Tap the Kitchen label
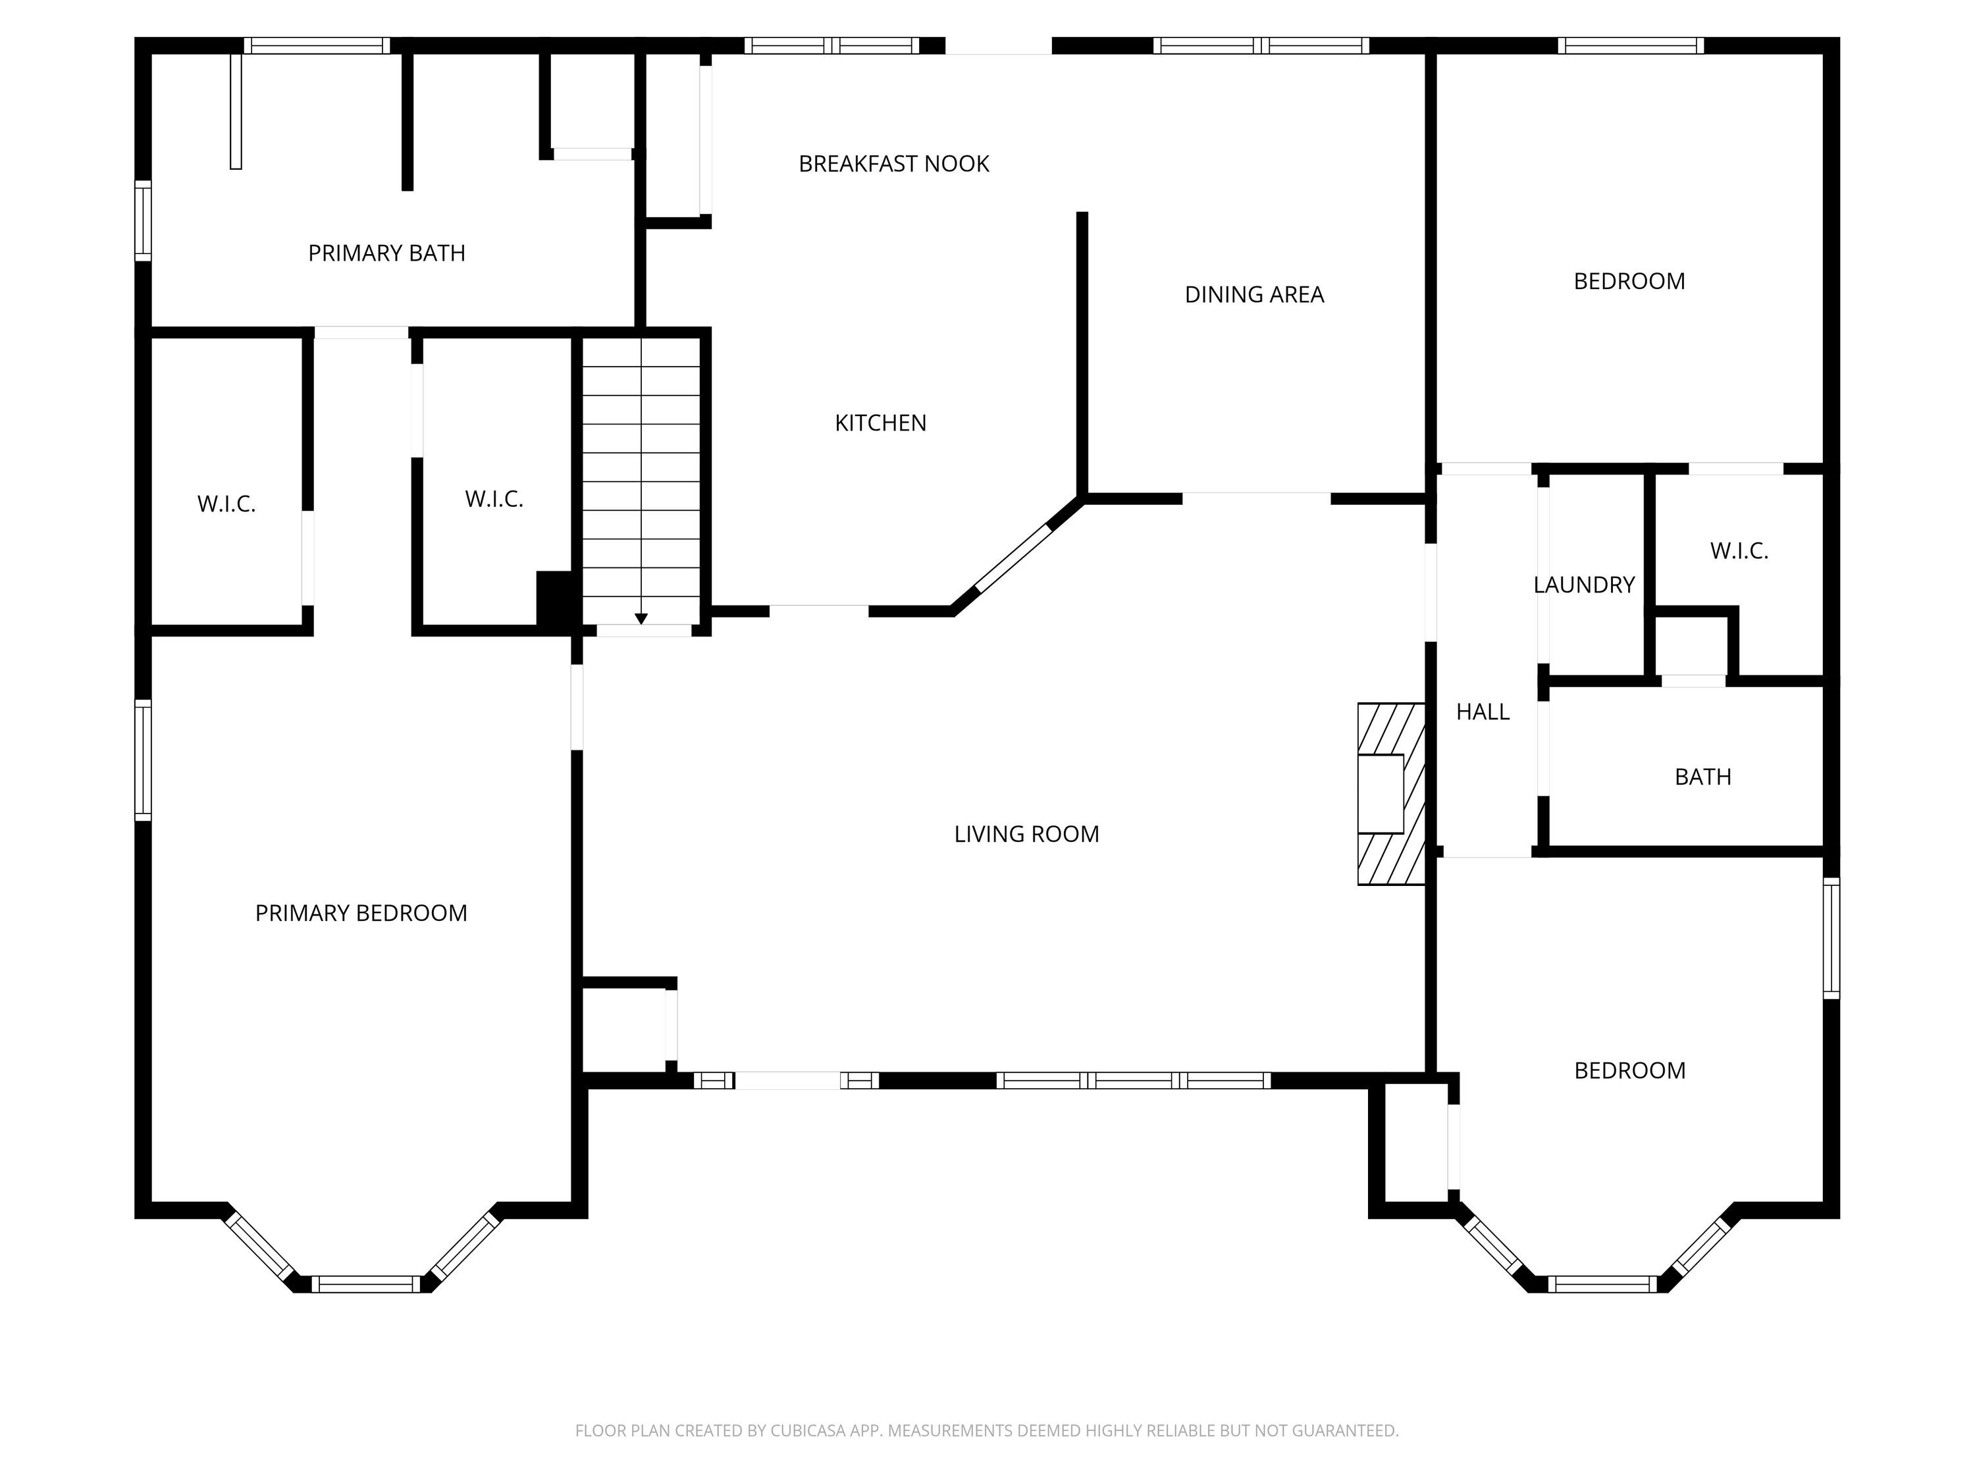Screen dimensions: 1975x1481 pyautogui.click(x=880, y=423)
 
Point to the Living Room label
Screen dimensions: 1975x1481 pyautogui.click(x=1027, y=834)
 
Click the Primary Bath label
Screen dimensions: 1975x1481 pyautogui.click(x=386, y=253)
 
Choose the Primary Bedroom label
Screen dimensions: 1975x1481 pyautogui.click(x=361, y=913)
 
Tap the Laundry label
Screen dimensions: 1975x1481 pyautogui.click(x=1584, y=585)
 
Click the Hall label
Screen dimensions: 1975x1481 pyautogui.click(x=1482, y=712)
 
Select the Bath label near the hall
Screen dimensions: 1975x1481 pyautogui.click(x=1702, y=777)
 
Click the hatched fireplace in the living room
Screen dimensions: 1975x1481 pyautogui.click(x=1391, y=794)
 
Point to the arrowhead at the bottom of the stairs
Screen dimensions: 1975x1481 pyautogui.click(x=641, y=619)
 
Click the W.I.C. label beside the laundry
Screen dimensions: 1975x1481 pyautogui.click(x=1739, y=551)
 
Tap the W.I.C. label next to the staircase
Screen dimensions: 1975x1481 pyautogui.click(x=494, y=499)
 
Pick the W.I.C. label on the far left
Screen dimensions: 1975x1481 pyautogui.click(x=226, y=504)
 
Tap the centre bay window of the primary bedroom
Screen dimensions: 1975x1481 pyautogui.click(x=365, y=1284)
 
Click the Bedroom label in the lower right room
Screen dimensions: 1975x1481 pyautogui.click(x=1629, y=1070)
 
